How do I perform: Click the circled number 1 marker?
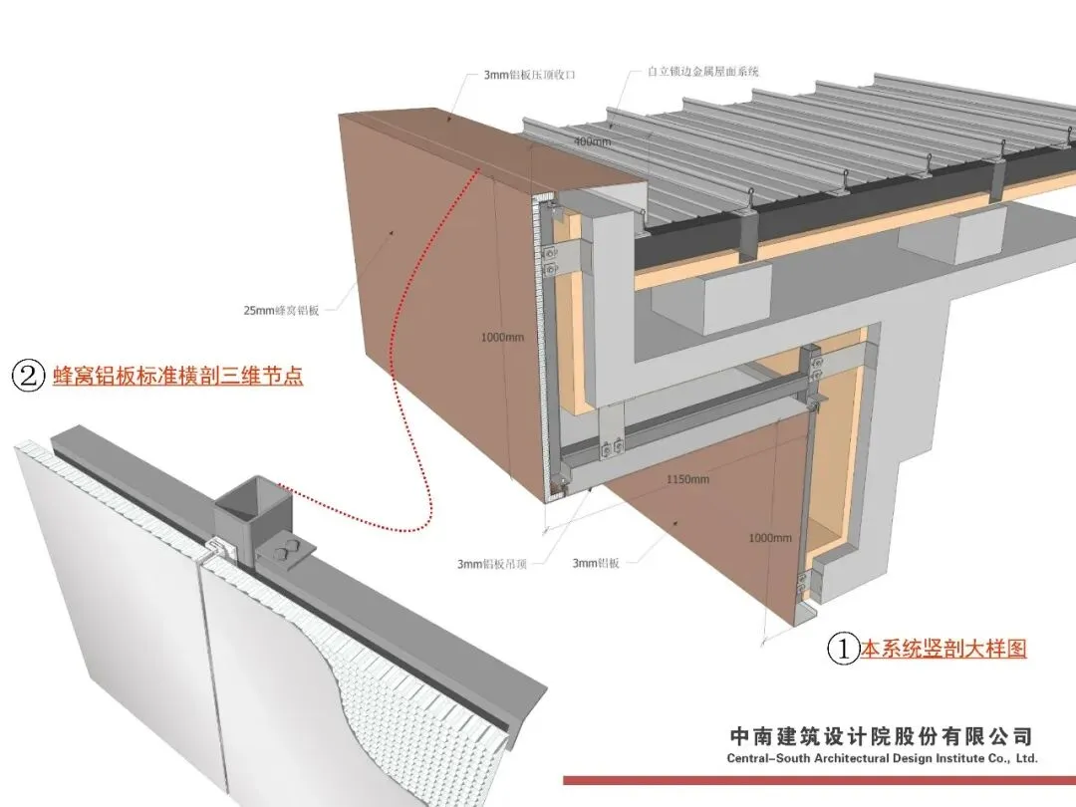[x=844, y=650]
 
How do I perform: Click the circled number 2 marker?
[x=28, y=376]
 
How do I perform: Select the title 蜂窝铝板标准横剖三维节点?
[x=177, y=376]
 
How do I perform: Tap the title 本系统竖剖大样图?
[x=942, y=650]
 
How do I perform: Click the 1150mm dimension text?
[x=687, y=479]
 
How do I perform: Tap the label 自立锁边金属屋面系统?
[x=703, y=72]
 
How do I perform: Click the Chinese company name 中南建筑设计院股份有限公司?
[x=881, y=737]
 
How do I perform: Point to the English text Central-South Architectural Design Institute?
[x=883, y=758]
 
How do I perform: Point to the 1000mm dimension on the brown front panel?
[x=501, y=337]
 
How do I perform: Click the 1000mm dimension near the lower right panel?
[x=770, y=539]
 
